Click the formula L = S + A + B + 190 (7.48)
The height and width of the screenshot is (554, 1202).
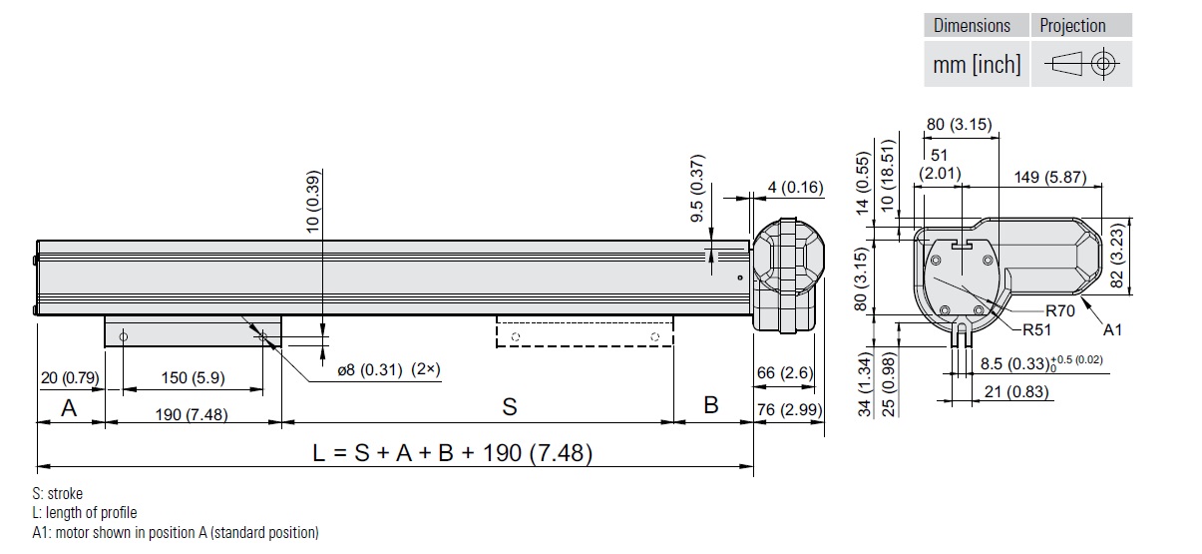pos(453,453)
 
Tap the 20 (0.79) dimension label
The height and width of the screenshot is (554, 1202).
pos(69,378)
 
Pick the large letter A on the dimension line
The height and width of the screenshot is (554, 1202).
pos(69,407)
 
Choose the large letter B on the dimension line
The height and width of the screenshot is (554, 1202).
pos(711,405)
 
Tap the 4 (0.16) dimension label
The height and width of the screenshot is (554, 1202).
pos(795,187)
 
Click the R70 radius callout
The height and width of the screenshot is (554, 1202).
pos(1060,310)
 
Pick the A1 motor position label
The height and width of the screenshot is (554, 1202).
pos(1113,329)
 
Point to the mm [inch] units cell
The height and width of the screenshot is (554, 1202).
pos(977,65)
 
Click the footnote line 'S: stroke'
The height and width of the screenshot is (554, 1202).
pos(58,494)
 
